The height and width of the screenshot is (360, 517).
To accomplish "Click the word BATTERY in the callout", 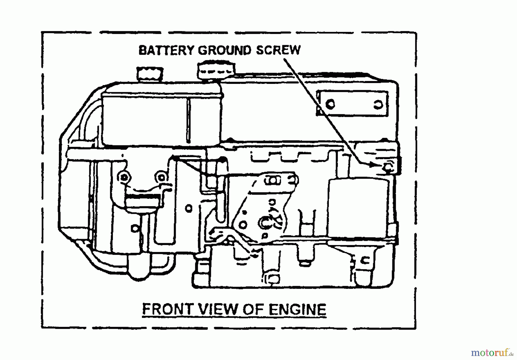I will pos(167,50).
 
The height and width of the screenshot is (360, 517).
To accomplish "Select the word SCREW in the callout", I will pos(278,50).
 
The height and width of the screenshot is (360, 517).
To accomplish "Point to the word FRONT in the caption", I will pos(167,309).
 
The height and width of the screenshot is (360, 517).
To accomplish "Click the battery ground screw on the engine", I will pos(388,167).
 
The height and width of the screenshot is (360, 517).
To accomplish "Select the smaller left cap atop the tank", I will pos(150,74).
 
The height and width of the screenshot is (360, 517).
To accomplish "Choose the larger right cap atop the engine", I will pos(216,70).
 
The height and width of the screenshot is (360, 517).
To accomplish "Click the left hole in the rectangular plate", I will pos(330,104).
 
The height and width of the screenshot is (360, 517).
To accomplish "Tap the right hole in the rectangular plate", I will pos(378,105).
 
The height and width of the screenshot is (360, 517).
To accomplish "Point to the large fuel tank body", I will pos(161,118).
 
